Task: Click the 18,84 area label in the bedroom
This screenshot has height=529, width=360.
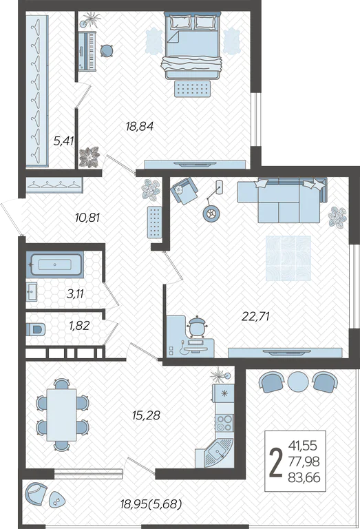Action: (x=140, y=127)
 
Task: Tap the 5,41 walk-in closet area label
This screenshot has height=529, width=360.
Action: (x=64, y=141)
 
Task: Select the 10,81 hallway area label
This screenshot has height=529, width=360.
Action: (x=87, y=218)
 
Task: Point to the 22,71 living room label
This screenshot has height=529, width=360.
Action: (x=255, y=316)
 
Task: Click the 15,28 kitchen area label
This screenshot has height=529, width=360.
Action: (x=146, y=415)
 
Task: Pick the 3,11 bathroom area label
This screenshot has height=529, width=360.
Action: (x=75, y=294)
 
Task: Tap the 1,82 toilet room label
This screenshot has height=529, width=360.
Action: (x=79, y=326)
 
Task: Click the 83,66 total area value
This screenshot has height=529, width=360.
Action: (x=304, y=477)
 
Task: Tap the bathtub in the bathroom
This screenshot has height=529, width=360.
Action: (x=54, y=264)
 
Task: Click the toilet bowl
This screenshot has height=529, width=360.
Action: (x=36, y=330)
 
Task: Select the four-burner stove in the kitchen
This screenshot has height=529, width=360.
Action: (x=224, y=423)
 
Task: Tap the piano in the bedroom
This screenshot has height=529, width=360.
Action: (x=87, y=51)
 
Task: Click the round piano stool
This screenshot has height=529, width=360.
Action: (x=107, y=50)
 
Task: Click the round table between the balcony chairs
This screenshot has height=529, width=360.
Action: (x=298, y=382)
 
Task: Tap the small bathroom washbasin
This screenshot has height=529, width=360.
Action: (x=32, y=291)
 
